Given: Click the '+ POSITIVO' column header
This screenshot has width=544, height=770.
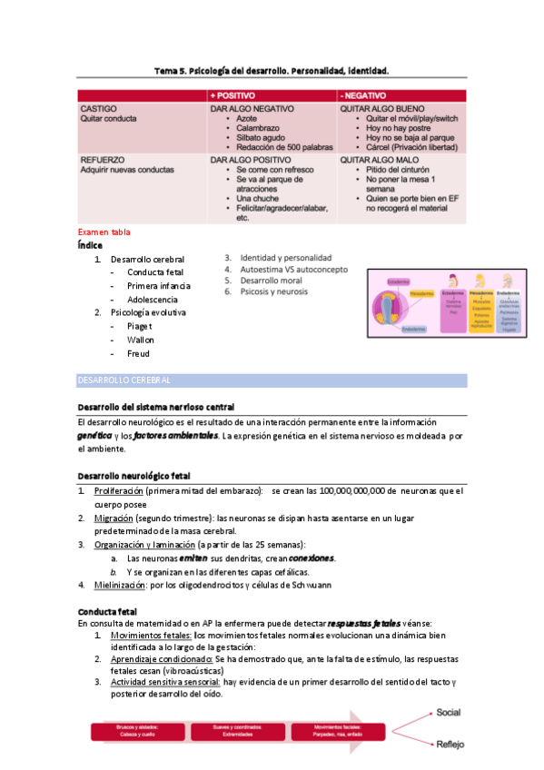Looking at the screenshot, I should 233,95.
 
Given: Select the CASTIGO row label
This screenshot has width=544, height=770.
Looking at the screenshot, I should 99,109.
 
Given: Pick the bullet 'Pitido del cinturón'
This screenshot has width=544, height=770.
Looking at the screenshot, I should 401,170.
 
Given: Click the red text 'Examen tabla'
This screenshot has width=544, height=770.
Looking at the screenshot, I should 104,232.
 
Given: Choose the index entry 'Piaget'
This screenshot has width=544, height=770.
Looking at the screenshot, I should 140,326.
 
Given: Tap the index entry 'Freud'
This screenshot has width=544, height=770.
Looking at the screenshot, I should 138,353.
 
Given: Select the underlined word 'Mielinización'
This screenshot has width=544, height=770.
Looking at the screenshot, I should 121,585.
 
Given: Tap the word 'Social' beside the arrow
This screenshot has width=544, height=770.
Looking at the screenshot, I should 449,713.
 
